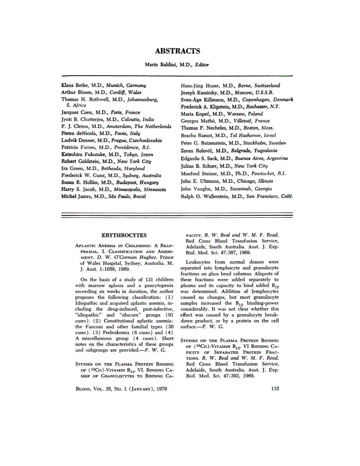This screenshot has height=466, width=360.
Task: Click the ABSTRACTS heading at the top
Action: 178,51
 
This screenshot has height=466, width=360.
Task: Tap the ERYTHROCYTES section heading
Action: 124,235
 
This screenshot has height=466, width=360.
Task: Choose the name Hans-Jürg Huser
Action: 200,85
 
